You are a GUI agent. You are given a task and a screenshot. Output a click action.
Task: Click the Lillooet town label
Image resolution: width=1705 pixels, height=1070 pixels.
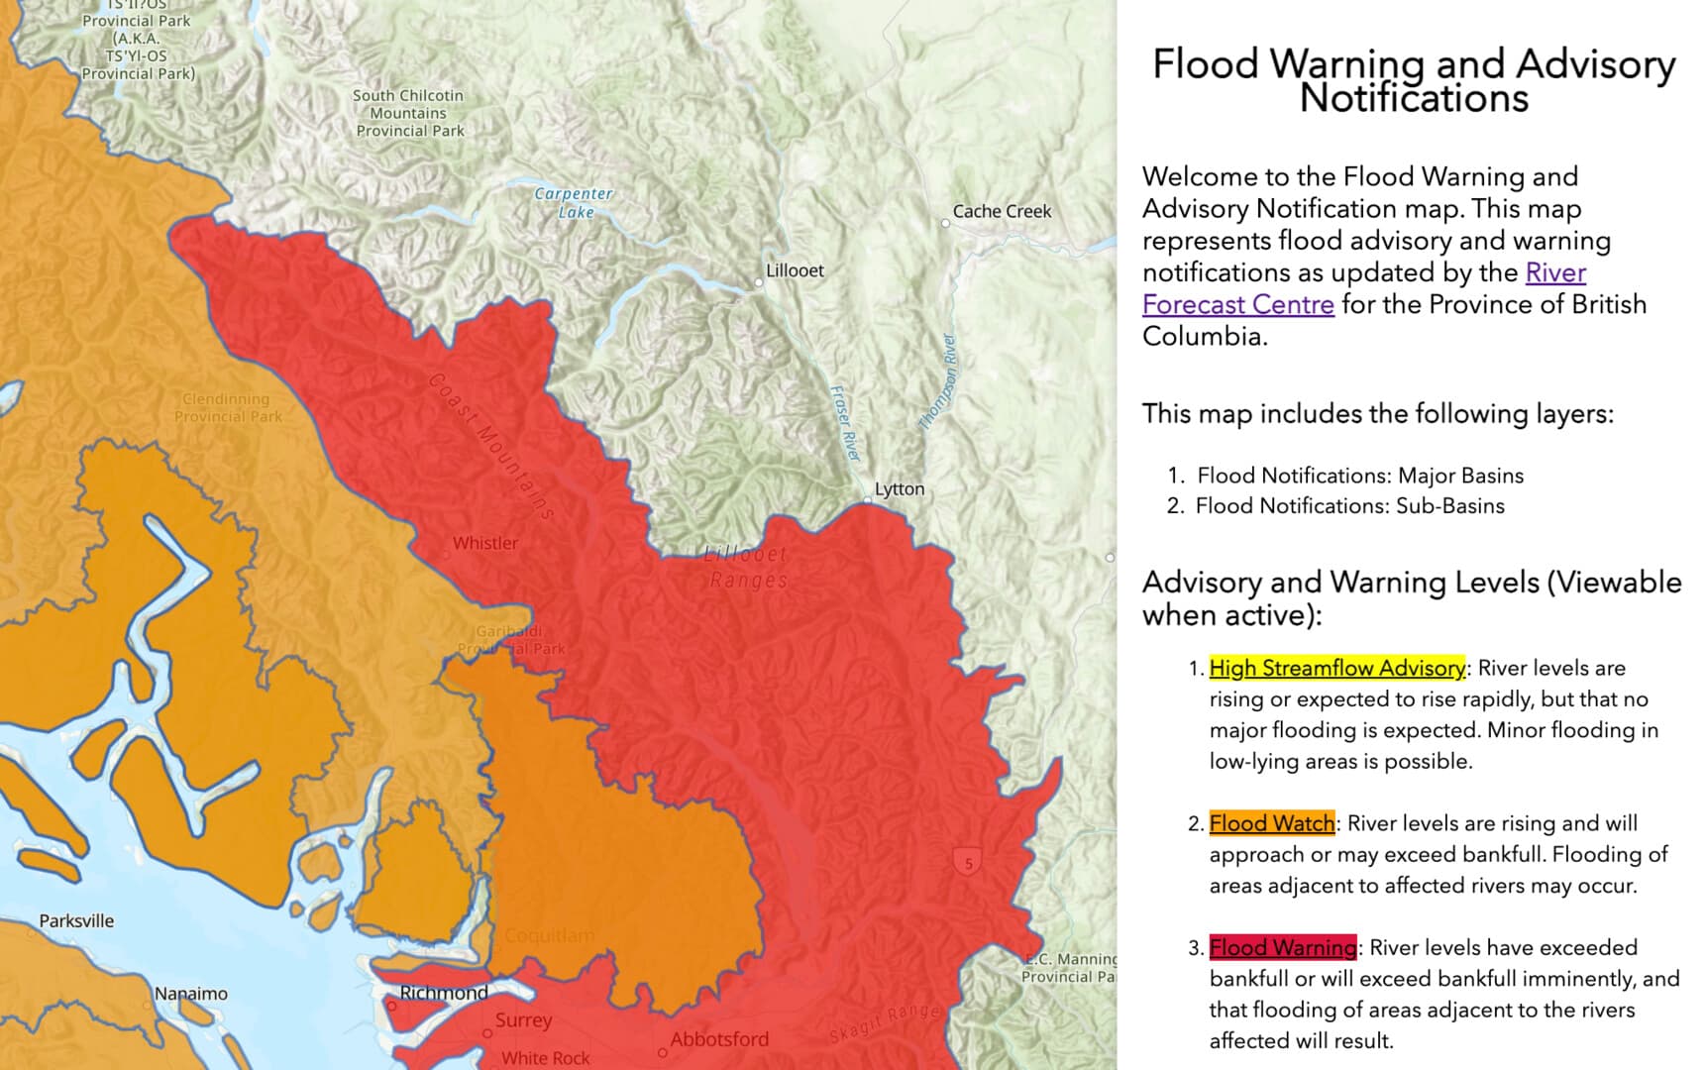point(795,270)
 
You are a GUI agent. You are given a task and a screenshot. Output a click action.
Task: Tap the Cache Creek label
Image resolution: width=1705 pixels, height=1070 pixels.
point(1002,211)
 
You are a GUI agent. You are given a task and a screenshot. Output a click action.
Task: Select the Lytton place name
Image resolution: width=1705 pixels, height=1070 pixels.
point(900,488)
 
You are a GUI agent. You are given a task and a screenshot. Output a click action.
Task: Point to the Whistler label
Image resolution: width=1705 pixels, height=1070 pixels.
point(485,543)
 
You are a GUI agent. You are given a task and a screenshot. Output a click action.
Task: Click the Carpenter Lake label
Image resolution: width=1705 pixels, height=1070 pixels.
point(574,202)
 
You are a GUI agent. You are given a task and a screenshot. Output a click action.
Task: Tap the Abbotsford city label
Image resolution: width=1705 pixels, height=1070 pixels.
point(719,1039)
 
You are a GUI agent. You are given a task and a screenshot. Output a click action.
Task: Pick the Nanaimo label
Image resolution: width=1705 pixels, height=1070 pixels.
point(191,993)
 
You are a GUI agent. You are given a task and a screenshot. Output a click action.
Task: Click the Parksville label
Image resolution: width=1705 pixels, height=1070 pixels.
point(76,920)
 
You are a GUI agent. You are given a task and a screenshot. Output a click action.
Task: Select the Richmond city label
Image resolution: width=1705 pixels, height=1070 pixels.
point(444,992)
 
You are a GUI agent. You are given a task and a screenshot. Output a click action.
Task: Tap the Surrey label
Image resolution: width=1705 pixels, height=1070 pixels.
point(524,1019)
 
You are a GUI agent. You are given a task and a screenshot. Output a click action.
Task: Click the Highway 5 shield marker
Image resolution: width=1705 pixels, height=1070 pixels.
point(969,863)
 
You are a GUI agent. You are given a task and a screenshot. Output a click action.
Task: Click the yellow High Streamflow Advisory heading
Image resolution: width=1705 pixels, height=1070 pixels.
point(1336,668)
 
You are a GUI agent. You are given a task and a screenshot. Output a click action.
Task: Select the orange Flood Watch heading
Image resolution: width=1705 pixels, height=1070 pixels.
point(1271,823)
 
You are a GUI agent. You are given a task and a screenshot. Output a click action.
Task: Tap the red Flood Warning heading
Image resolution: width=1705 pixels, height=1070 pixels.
point(1282,947)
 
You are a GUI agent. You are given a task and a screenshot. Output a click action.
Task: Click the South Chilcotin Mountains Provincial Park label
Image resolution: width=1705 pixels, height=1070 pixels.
point(409,113)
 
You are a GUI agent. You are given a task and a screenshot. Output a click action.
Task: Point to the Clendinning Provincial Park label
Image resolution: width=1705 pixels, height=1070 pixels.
point(227,407)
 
